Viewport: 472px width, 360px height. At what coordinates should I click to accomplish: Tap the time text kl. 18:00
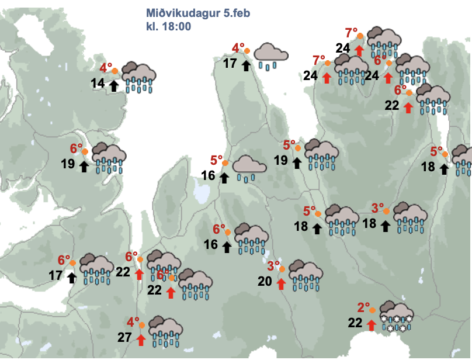pos(169,27)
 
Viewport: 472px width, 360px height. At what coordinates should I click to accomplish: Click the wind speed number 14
pos(98,84)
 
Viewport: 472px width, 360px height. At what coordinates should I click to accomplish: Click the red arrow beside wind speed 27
pos(140,339)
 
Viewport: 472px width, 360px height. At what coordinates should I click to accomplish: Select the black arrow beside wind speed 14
pos(113,85)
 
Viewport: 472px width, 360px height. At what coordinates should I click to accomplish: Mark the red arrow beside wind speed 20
pos(281,284)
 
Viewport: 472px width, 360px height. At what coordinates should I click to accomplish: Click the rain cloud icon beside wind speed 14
pos(138,77)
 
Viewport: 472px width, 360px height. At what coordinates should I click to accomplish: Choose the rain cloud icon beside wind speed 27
pos(165,331)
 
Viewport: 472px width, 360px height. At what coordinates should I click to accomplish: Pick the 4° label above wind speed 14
pos(106,68)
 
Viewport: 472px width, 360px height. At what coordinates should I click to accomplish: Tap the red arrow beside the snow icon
pos(371,324)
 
